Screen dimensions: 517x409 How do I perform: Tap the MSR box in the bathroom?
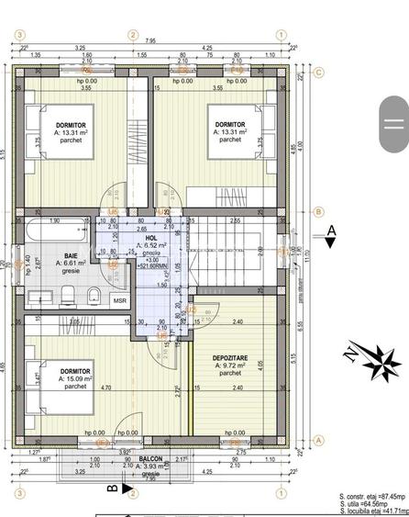pyautogui.click(x=120, y=300)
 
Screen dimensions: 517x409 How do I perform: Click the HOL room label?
pyautogui.click(x=151, y=238)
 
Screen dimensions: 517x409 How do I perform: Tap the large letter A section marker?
pyautogui.click(x=333, y=230)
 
